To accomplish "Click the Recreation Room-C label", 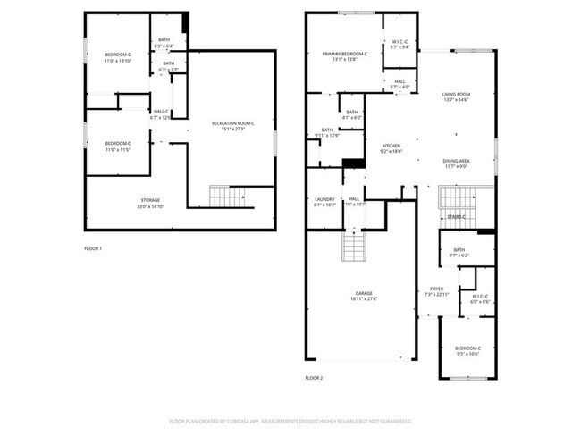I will click(232, 125).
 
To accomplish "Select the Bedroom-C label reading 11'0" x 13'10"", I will click(117, 57).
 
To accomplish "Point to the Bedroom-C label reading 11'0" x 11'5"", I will click(117, 146).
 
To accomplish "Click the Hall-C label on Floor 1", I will click(160, 113).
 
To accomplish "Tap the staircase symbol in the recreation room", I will click(226, 196).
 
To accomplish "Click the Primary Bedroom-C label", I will click(344, 57).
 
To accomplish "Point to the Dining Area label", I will click(456, 163).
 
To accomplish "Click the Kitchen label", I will click(392, 148).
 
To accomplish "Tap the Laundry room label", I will click(324, 201).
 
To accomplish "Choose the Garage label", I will click(363, 296).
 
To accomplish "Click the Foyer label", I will click(436, 291).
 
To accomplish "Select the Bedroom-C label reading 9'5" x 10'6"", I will click(467, 350).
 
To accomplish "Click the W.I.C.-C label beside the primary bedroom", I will click(400, 45).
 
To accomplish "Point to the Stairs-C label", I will click(458, 216).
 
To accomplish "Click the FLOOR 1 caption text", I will click(93, 247).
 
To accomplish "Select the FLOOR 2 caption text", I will click(314, 378).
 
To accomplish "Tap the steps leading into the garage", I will click(354, 245).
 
